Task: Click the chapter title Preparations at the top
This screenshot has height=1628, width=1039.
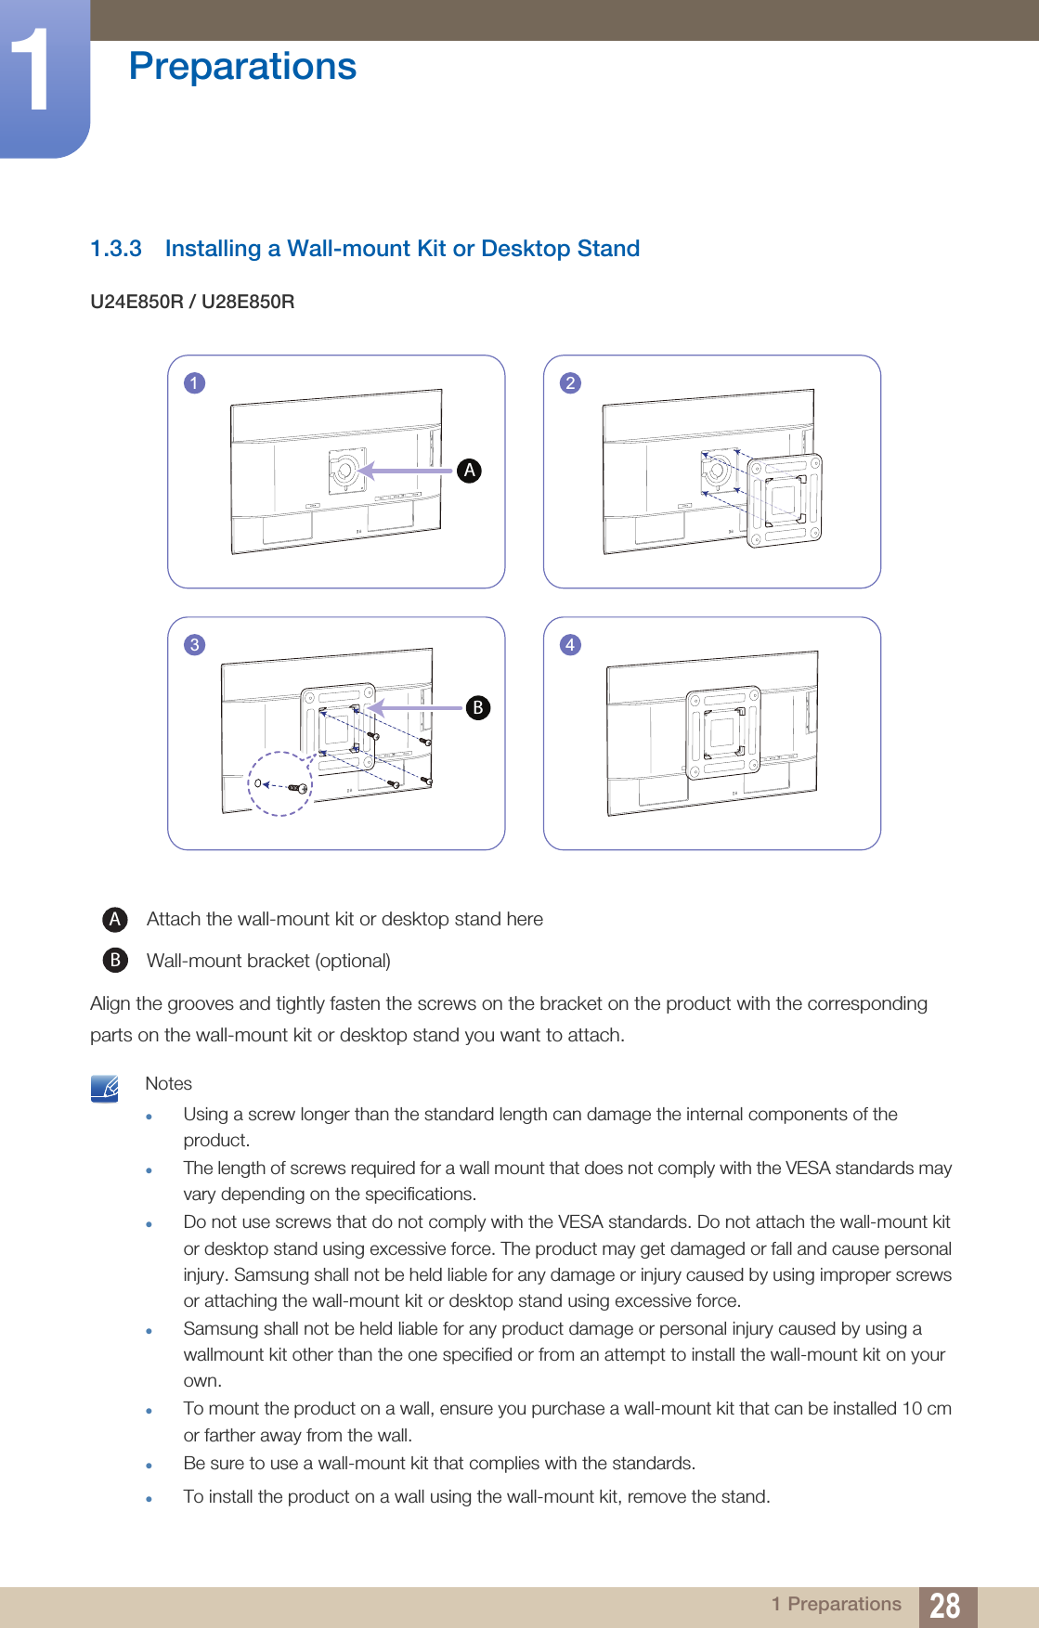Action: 242,67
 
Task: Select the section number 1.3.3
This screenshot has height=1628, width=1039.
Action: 116,249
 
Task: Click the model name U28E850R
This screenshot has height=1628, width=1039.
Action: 248,302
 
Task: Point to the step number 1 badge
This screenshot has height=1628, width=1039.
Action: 194,383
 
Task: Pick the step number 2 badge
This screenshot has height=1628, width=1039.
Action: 570,383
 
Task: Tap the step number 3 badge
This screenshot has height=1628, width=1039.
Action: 194,645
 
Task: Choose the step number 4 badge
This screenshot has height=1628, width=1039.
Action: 570,645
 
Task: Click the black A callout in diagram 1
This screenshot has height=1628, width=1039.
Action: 470,471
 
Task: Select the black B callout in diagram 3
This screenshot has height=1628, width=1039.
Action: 477,708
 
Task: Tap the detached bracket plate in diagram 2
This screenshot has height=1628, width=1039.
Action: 785,500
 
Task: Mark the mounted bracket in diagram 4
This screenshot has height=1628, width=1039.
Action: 723,733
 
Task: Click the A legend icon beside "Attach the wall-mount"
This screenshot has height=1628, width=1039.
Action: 114,920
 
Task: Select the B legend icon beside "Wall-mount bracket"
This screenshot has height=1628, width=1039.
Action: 114,960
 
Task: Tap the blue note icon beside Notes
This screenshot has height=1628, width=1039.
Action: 105,1088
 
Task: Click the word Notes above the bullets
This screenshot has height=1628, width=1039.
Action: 168,1084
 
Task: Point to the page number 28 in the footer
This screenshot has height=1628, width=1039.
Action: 944,1605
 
